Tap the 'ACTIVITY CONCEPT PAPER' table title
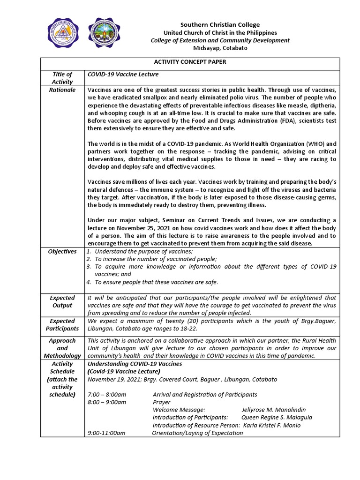tap(190, 62)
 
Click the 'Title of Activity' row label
tap(62, 78)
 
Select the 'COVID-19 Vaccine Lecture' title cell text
tap(123, 74)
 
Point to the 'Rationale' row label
tap(62, 90)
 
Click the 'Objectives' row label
tap(62, 251)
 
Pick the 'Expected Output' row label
tap(62, 301)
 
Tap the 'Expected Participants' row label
tap(62, 325)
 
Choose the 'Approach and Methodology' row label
tap(62, 348)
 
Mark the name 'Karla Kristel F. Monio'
tap(272, 425)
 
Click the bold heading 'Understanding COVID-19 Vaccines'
tap(135, 364)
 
